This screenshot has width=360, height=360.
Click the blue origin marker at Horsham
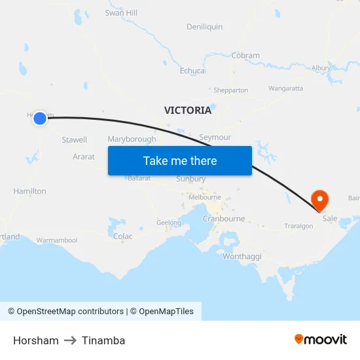coord(40,118)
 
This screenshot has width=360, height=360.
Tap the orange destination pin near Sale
coord(320,199)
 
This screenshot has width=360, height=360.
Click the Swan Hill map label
coord(121,12)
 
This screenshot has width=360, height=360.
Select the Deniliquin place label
coord(204,27)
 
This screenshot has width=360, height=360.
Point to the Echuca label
coord(192,71)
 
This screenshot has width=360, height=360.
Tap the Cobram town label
coord(245,56)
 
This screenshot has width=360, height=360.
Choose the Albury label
coord(321,68)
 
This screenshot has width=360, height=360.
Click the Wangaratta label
coord(285,88)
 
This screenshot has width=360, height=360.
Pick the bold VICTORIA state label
coord(188,110)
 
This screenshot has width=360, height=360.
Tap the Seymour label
coord(215,137)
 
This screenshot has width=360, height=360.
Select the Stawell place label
coord(74,140)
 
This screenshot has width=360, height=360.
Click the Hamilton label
coord(29,191)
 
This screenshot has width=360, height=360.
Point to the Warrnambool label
coord(57,240)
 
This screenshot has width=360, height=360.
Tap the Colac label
coord(122,236)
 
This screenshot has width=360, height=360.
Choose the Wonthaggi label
coord(242,257)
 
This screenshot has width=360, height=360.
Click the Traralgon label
coord(298,226)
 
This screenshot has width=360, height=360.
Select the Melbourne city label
coord(204,197)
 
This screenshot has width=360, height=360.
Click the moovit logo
coord(321,339)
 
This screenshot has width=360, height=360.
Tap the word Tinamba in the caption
coord(103,340)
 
